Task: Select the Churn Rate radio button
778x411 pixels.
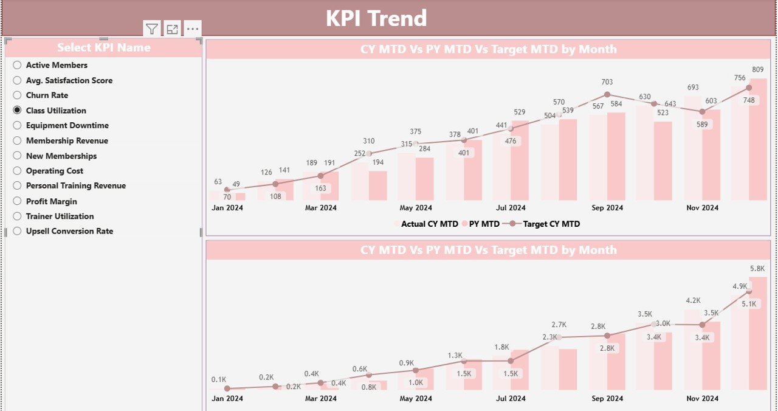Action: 17,95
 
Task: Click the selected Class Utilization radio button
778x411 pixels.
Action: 17,111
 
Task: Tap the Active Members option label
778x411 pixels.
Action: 57,65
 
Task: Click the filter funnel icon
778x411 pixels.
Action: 152,29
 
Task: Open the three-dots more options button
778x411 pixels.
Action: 192,29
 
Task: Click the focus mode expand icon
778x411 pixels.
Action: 172,29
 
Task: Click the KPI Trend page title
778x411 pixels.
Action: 376,18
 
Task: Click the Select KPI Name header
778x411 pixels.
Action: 103,47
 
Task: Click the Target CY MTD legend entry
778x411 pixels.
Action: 551,224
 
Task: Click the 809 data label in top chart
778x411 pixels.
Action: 757,70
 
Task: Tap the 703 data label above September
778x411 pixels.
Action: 607,82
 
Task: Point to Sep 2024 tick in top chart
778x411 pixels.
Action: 607,208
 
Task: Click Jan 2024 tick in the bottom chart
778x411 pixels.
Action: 227,399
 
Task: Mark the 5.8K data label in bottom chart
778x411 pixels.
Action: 757,268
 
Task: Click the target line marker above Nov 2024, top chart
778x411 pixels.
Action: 702,112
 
